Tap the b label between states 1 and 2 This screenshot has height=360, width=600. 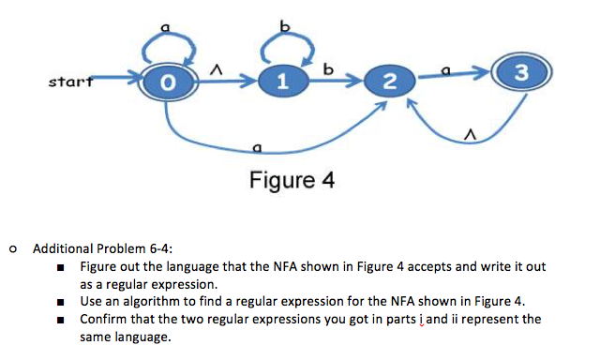[327, 67]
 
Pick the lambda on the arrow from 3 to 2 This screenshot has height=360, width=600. [466, 137]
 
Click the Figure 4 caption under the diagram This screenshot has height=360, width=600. [292, 179]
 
